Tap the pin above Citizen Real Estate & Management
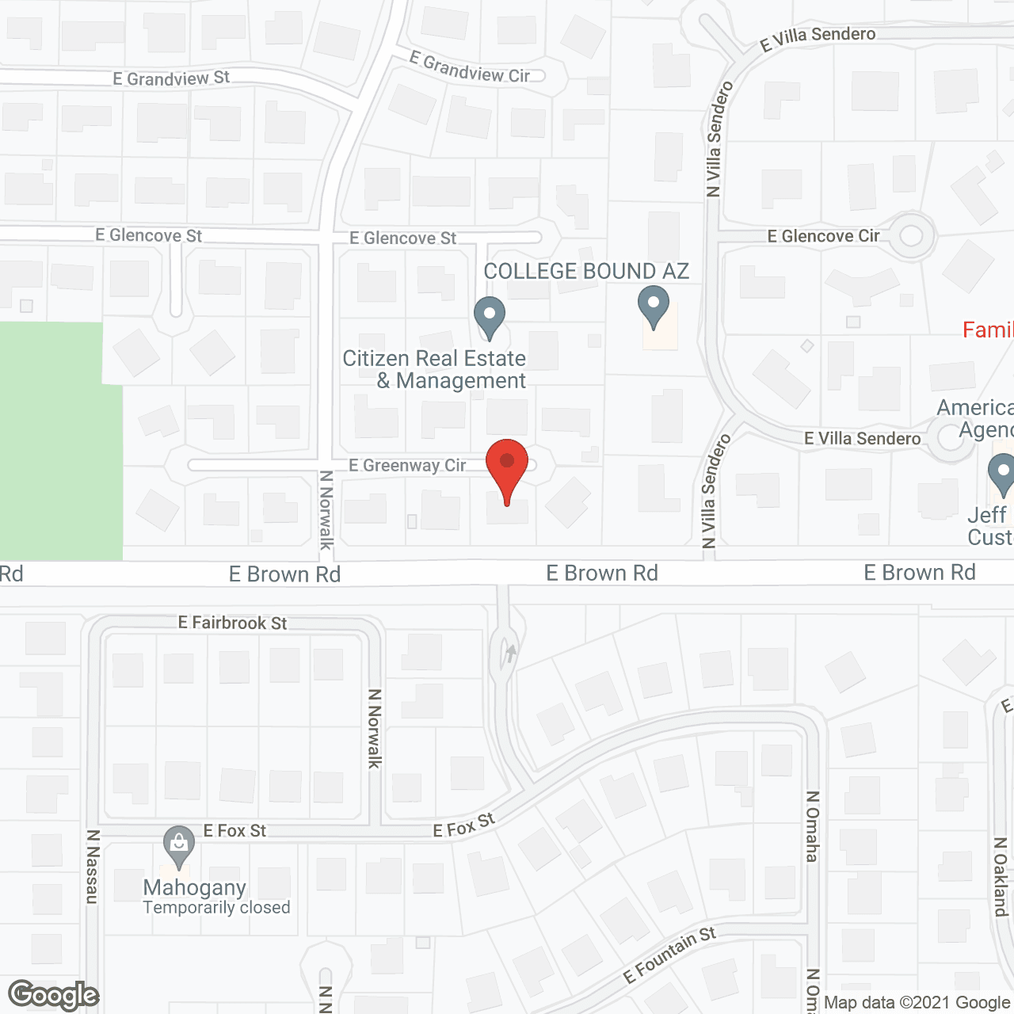tap(490, 316)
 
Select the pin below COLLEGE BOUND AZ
tap(654, 307)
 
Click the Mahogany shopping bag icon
tap(179, 845)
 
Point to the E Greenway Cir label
tap(407, 466)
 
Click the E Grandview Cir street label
tap(470, 69)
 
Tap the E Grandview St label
tap(171, 78)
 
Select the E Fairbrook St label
tap(232, 623)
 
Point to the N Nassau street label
tap(93, 867)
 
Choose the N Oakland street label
tap(1001, 877)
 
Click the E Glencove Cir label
tap(823, 236)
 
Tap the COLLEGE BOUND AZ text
tap(586, 272)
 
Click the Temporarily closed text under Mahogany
tap(216, 908)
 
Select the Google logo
tap(54, 995)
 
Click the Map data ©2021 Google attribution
tap(917, 1003)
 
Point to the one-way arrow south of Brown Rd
tap(510, 654)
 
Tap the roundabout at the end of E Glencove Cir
tap(911, 235)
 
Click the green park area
tap(55, 444)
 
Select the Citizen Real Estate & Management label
tap(435, 370)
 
